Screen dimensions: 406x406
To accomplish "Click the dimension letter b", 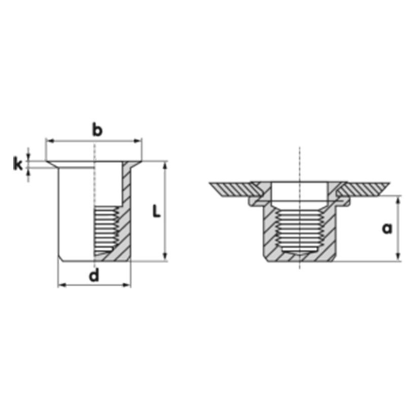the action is tap(97, 130).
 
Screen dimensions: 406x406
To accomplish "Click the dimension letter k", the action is tap(18, 164).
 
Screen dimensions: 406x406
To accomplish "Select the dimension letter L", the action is tap(156, 211).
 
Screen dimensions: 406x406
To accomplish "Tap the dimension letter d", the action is tap(94, 275).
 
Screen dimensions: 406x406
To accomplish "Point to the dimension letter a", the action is tap(387, 228).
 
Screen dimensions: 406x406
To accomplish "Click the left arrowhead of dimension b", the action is tap(49, 141).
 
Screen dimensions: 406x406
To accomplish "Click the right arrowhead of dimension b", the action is tap(138, 141).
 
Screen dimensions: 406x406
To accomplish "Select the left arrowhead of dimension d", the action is tap(61, 285).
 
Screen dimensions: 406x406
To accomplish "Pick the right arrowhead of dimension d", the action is tap(126, 285).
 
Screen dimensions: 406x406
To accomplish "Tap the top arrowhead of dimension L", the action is tap(165, 165).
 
